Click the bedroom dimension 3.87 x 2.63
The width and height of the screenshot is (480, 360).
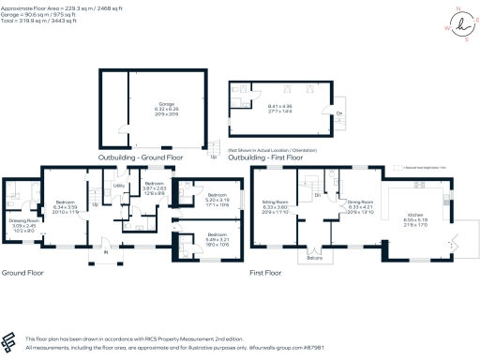tap(154, 187)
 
